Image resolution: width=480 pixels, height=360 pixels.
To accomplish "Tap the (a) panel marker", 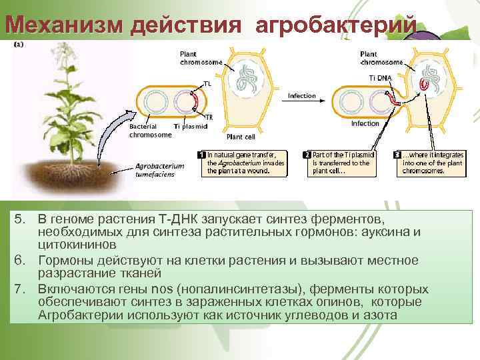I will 19,44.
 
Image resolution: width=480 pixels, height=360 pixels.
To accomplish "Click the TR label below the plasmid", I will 209,117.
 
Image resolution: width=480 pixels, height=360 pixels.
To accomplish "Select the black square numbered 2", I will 307,154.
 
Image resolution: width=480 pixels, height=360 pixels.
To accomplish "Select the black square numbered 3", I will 397,154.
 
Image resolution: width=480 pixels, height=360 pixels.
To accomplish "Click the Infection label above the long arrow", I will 301,96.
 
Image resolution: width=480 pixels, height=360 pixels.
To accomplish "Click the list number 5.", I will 21,220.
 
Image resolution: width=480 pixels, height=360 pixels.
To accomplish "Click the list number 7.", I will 21,289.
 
